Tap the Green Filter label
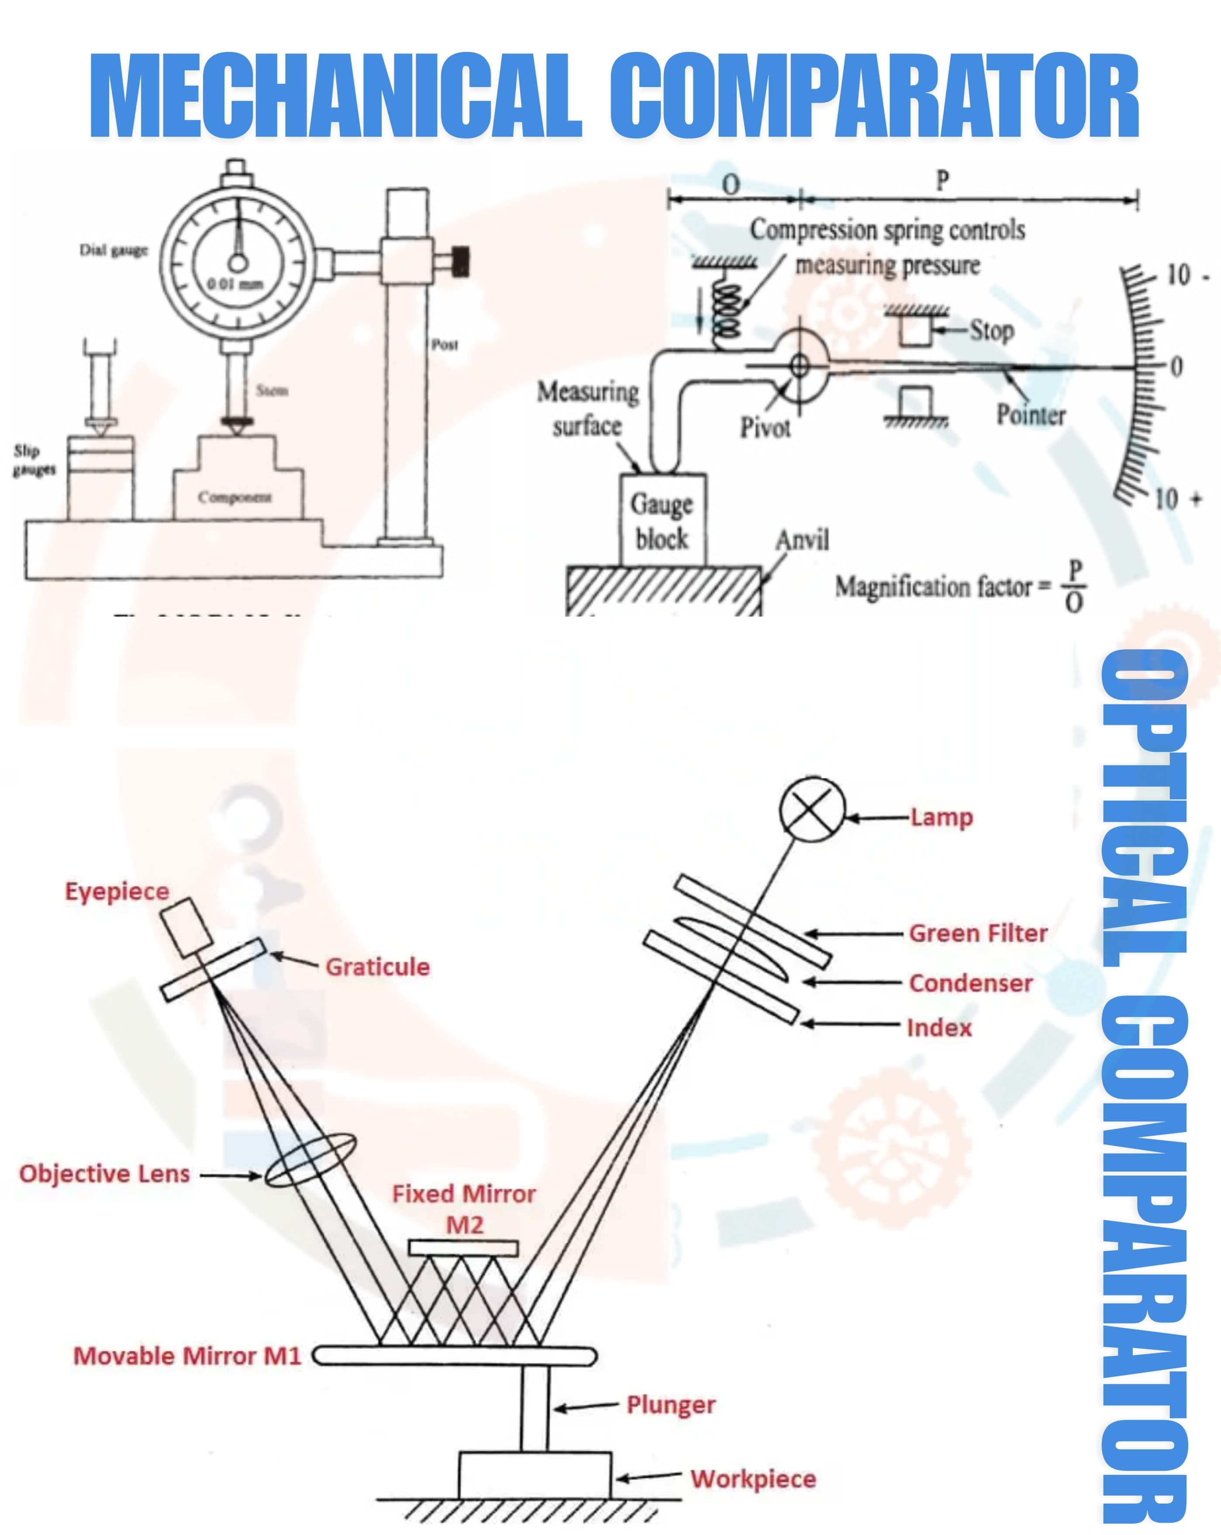point(977,933)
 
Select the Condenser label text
point(970,983)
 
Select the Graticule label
point(377,967)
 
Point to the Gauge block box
point(662,520)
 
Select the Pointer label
point(1030,415)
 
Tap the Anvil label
point(802,540)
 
